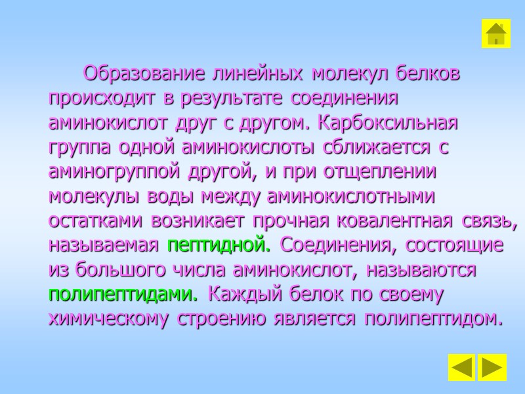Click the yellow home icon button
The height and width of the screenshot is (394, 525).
coord(496,33)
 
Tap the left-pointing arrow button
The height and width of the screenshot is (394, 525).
coord(462,368)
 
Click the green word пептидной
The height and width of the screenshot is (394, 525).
coord(219,246)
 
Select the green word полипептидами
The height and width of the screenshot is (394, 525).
coord(123,294)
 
